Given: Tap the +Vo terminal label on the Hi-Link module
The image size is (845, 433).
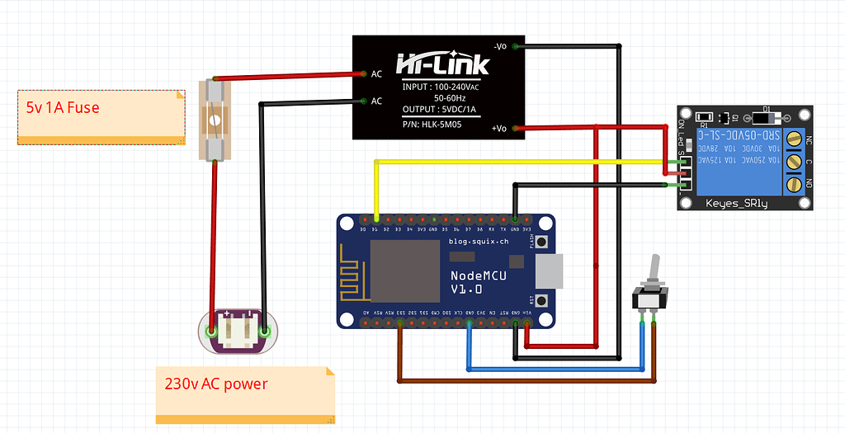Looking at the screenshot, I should tap(498, 128).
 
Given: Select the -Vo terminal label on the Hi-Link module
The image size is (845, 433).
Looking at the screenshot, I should tap(499, 45).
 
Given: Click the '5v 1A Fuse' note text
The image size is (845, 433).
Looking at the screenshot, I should tap(64, 107).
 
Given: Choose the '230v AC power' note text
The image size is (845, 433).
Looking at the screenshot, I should tap(216, 384).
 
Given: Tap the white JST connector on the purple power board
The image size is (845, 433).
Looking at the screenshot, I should tap(238, 332).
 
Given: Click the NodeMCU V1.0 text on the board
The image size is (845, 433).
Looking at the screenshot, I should tap(479, 281).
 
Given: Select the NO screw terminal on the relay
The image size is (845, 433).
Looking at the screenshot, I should tap(795, 182).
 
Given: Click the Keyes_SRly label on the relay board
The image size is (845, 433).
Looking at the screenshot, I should tap(737, 203).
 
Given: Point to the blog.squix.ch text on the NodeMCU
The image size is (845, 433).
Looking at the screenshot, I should tap(479, 242).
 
